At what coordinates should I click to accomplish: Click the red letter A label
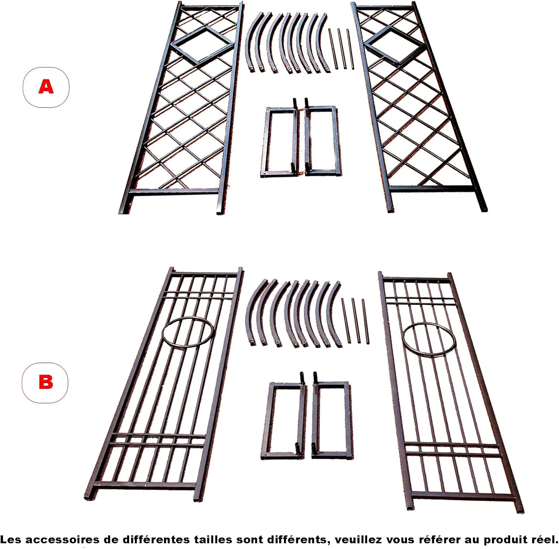click(46, 87)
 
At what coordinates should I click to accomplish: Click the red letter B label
click(45, 382)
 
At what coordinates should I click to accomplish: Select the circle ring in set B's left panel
click(188, 333)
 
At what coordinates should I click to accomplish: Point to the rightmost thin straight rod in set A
click(350, 48)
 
